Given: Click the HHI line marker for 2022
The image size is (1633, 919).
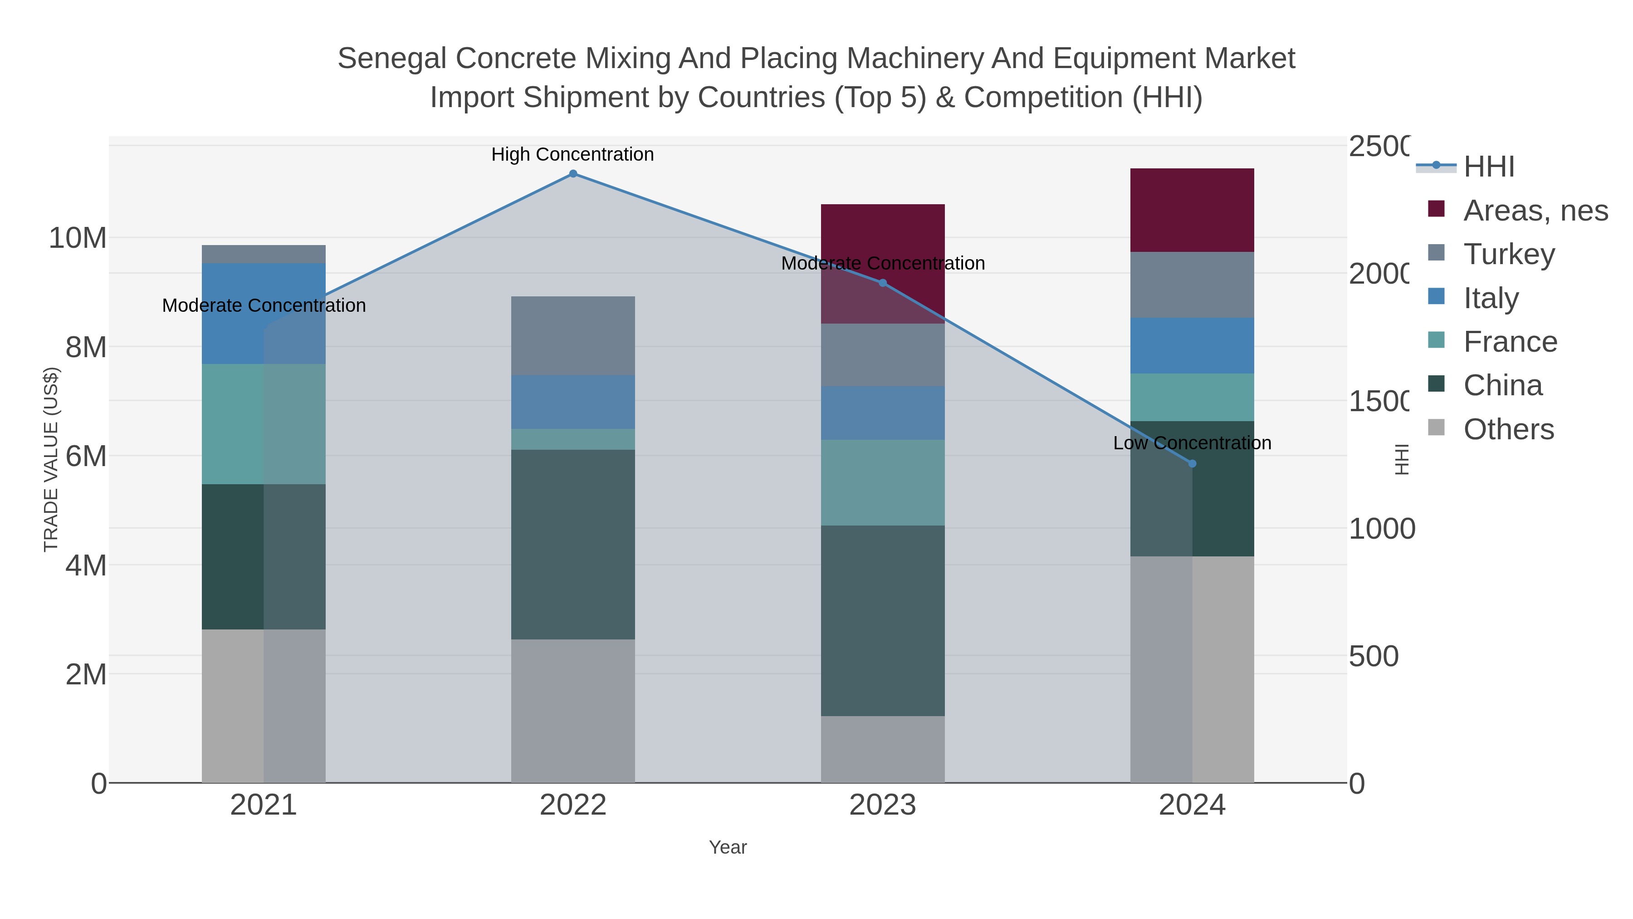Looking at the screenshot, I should (x=572, y=174).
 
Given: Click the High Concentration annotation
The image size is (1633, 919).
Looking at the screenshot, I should (x=572, y=154).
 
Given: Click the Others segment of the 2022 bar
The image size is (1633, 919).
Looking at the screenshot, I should (x=572, y=710).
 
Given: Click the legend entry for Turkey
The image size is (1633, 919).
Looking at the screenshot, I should (x=1509, y=254).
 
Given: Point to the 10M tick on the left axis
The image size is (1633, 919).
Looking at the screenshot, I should (x=77, y=238).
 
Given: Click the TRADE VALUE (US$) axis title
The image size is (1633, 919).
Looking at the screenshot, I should (x=51, y=459).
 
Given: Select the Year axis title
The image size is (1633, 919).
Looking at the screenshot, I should (x=728, y=847).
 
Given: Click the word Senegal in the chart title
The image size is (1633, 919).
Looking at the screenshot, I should (x=392, y=59).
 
